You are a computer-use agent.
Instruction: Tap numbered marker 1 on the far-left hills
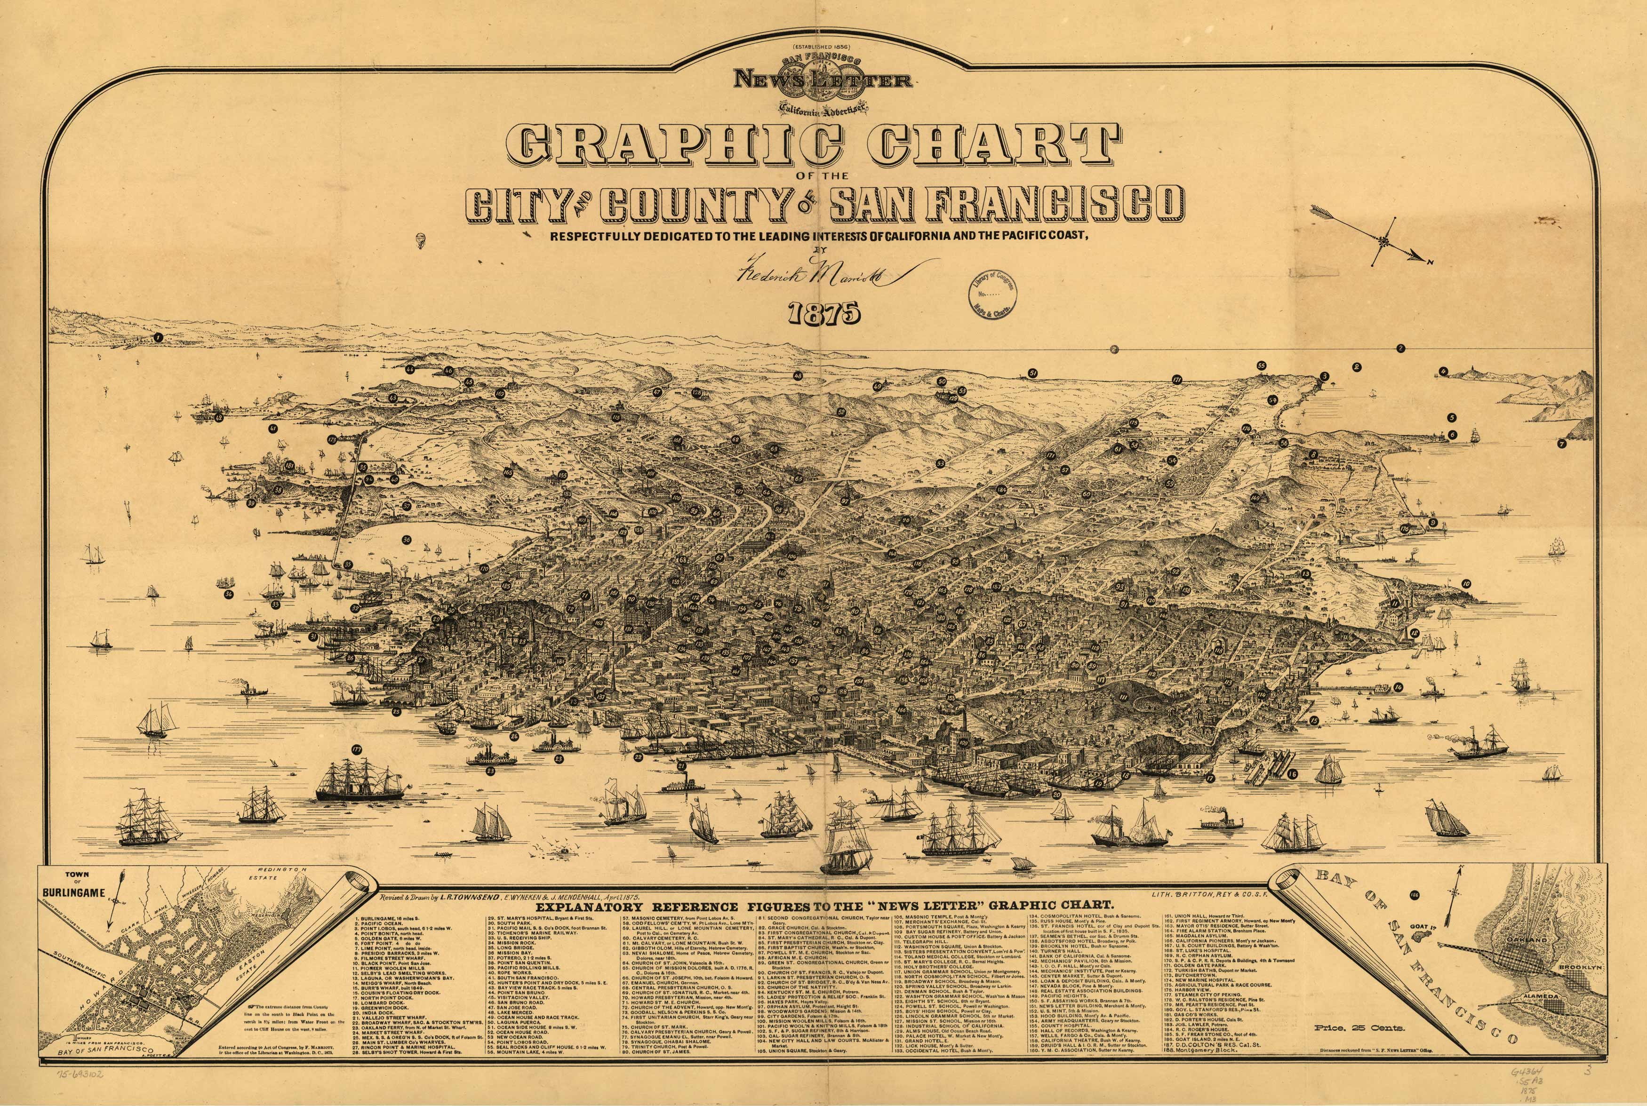point(159,337)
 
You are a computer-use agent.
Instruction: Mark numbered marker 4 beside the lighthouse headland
point(1443,370)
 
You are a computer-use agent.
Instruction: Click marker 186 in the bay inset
point(1394,895)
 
